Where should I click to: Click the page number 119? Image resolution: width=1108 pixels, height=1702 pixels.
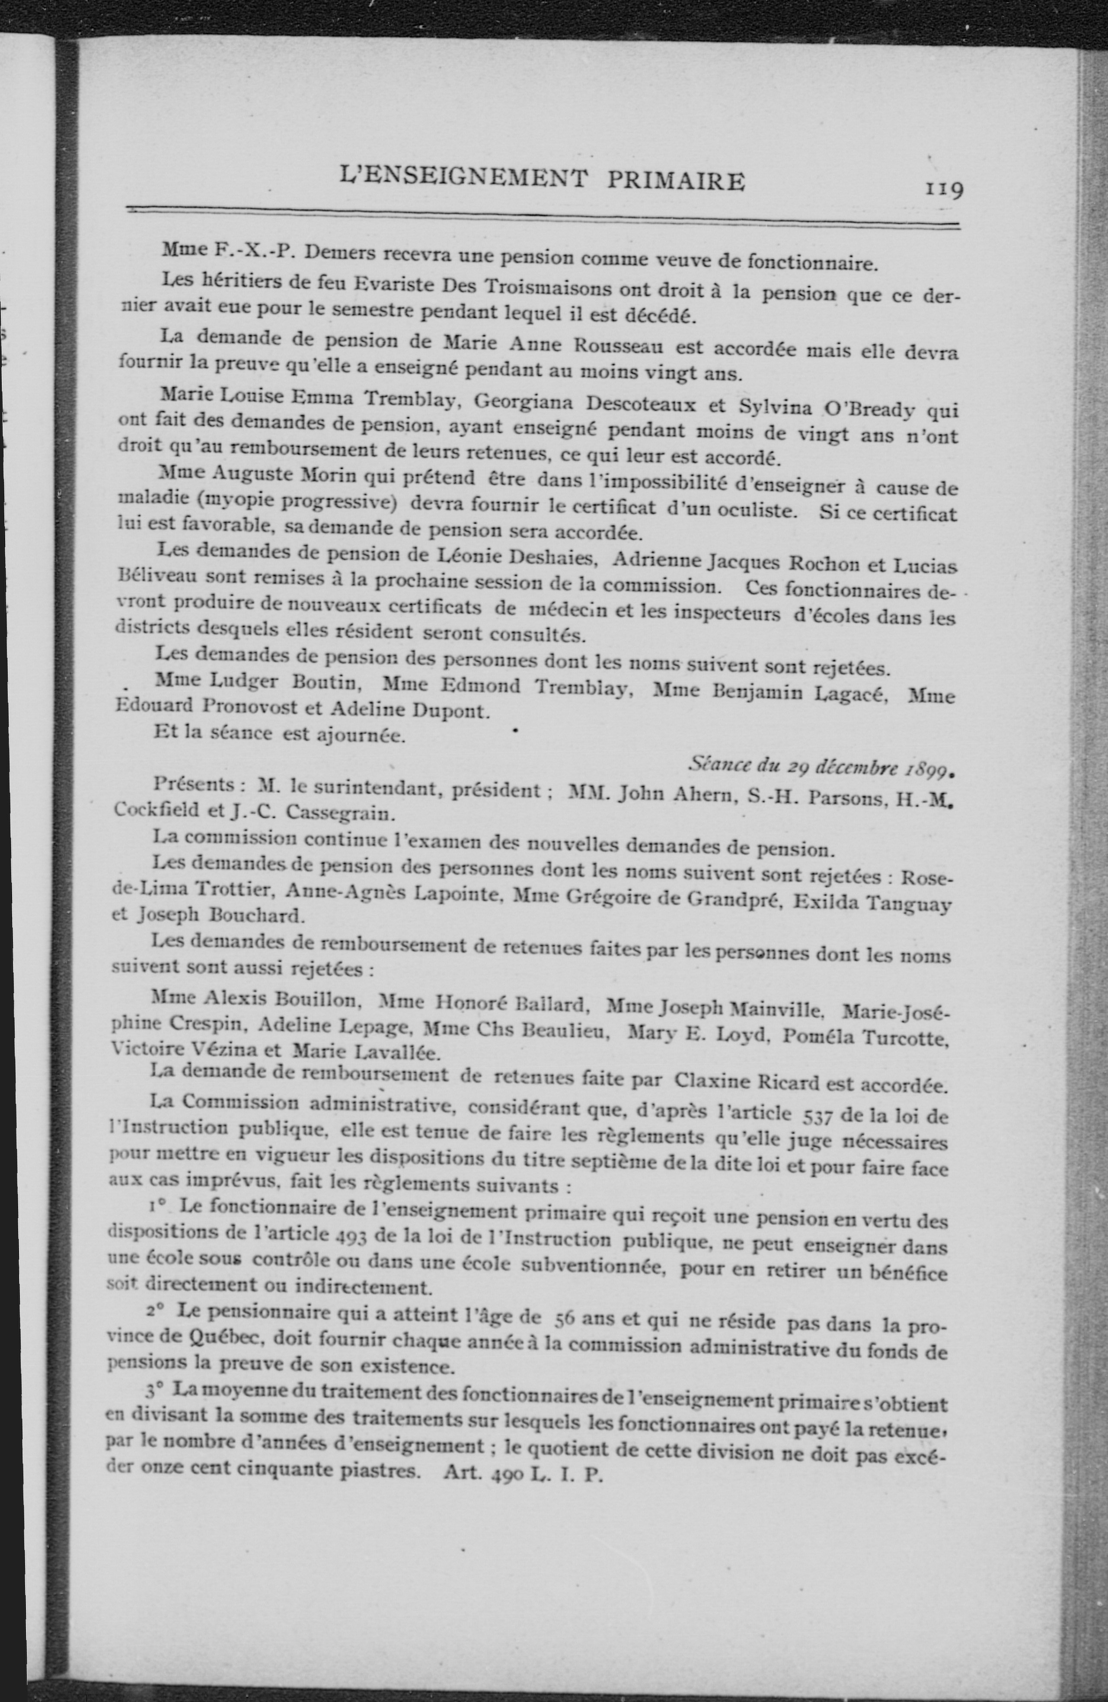click(944, 189)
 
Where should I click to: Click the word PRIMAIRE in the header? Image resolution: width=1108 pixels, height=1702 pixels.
click(676, 180)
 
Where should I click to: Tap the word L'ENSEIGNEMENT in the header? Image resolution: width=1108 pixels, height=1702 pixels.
click(463, 176)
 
